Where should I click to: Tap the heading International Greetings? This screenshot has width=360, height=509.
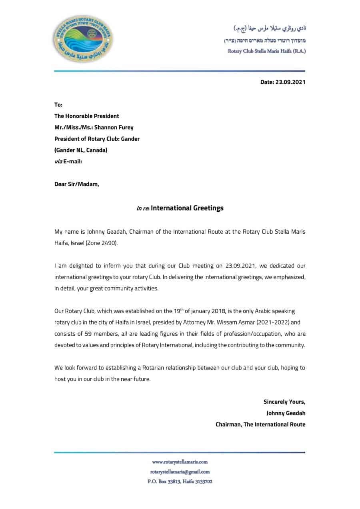[x=187, y=208]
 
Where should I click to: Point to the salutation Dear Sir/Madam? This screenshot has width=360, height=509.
[x=76, y=184]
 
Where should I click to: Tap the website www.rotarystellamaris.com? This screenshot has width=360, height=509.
[x=180, y=462]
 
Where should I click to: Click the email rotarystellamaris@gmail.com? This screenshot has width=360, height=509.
[x=180, y=472]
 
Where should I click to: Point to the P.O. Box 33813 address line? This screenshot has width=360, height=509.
[x=180, y=482]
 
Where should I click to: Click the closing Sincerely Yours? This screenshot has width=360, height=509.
[x=284, y=402]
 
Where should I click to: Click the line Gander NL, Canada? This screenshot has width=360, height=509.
[x=81, y=150]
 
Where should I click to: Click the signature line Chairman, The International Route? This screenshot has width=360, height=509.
[x=260, y=425]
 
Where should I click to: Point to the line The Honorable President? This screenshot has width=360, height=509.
[x=86, y=116]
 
